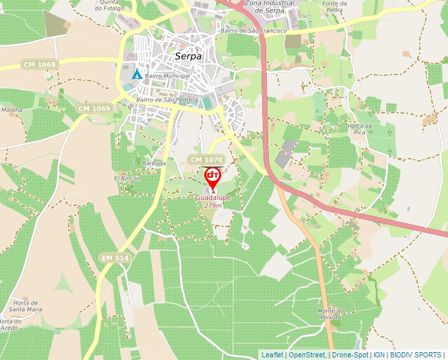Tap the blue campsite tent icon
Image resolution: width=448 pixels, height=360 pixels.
(136, 74)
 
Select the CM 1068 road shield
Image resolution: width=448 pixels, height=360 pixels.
(39, 64)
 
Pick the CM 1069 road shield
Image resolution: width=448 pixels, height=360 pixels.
(92, 108)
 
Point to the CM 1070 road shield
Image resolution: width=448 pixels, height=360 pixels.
(206, 160)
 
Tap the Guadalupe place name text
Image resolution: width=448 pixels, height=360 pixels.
(213, 197)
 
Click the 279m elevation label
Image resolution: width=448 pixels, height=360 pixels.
(213, 206)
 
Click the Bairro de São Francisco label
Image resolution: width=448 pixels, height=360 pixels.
(254, 31)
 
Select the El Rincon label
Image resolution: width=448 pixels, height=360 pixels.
(128, 178)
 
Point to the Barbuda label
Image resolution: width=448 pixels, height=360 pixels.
(154, 163)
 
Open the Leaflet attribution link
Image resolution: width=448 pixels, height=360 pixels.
(272, 355)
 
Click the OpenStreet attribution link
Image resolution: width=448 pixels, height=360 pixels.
(307, 355)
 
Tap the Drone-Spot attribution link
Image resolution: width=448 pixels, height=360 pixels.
(350, 355)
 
